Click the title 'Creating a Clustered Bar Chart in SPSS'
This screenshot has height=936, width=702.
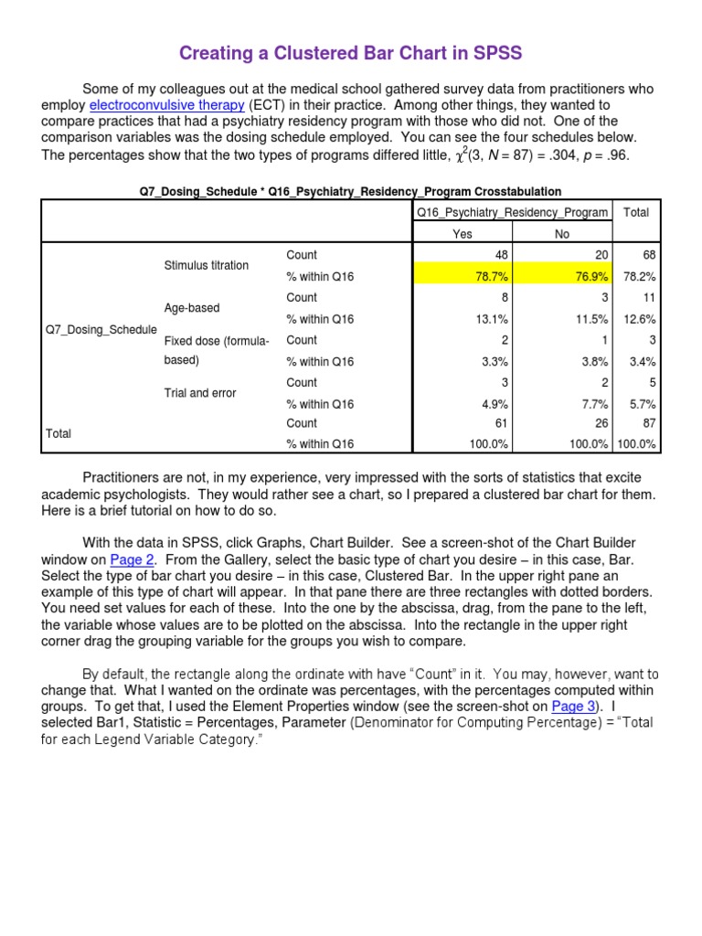click(351, 53)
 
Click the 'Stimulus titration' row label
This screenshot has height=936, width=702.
click(206, 265)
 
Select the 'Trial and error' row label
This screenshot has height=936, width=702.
click(199, 393)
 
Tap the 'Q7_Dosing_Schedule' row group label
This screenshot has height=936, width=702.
click(101, 329)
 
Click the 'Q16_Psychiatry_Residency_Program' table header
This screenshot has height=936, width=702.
click(512, 212)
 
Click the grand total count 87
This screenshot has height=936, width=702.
click(649, 423)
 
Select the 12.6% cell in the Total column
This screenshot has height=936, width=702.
click(640, 319)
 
